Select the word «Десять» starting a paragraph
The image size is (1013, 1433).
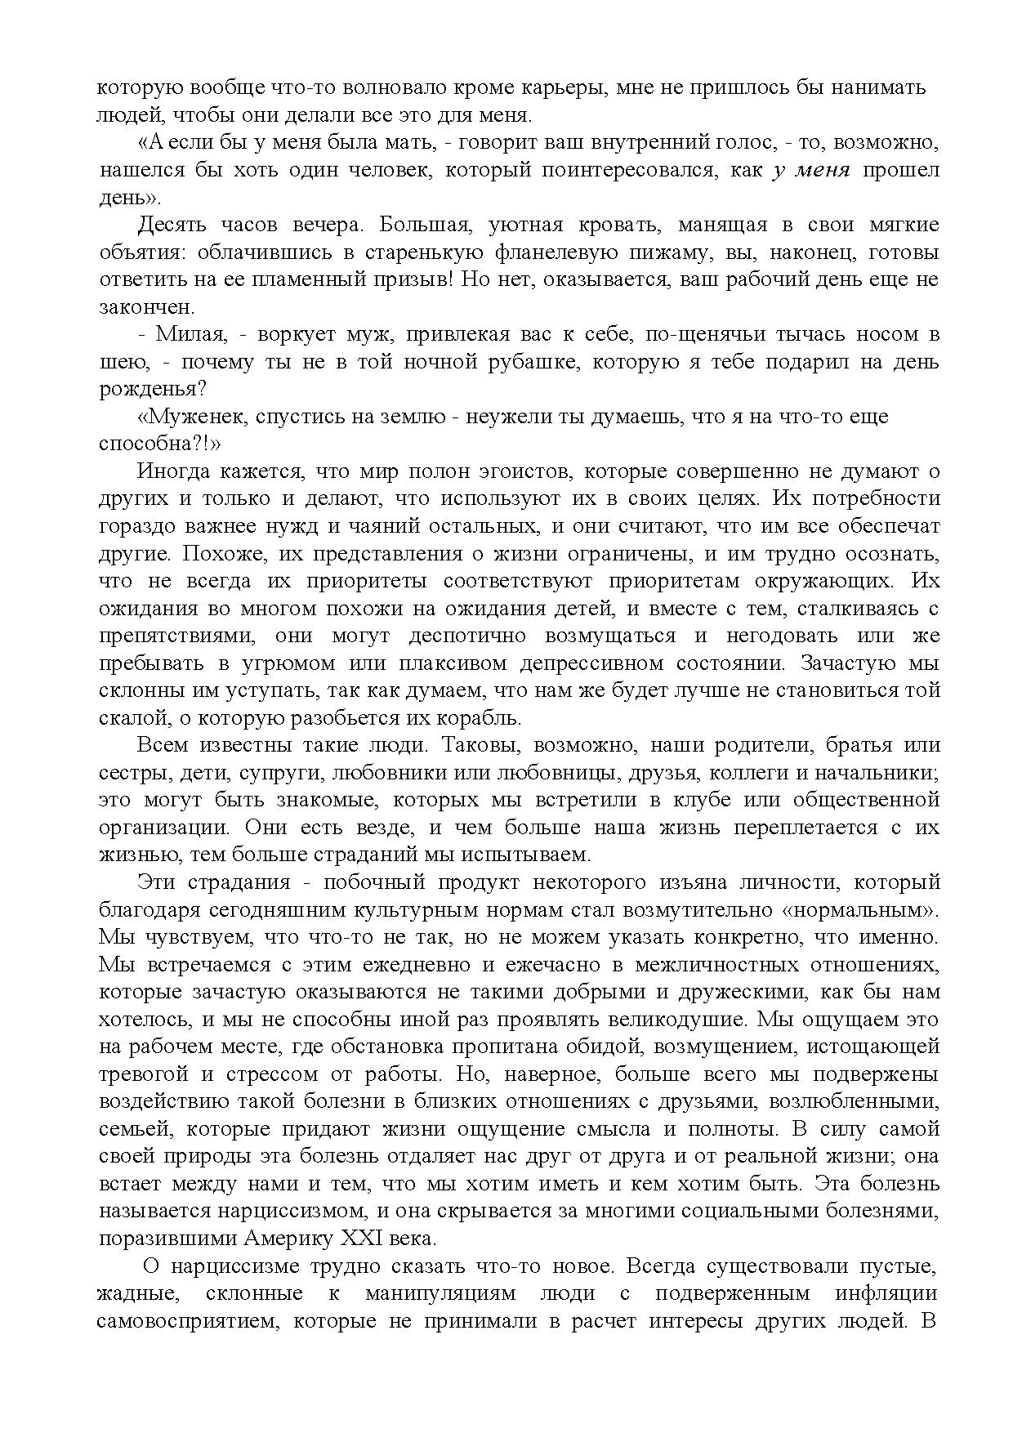tap(173, 225)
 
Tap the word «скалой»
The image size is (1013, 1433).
tap(127, 718)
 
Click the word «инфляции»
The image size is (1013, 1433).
tap(886, 1293)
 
